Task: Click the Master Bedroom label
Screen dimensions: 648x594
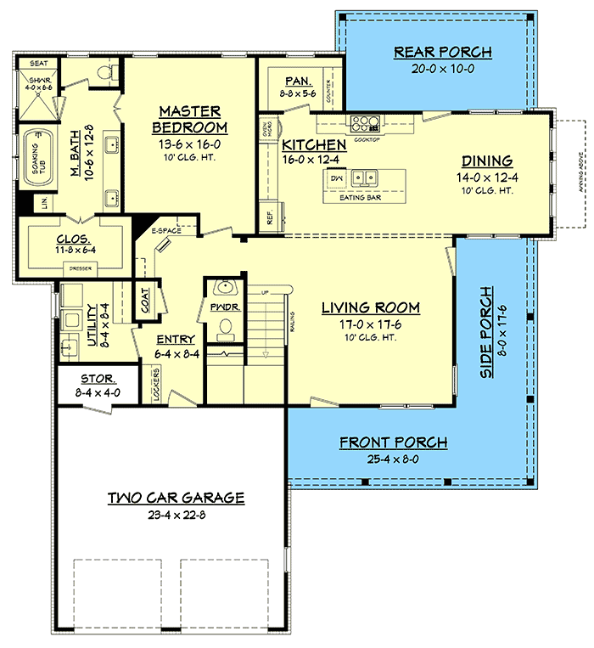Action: [x=190, y=119]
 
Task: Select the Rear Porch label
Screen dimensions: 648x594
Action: [x=442, y=53]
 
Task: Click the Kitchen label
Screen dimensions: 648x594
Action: [x=314, y=145]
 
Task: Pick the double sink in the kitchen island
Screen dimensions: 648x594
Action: [x=367, y=178]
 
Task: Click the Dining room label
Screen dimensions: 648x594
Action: [x=486, y=161]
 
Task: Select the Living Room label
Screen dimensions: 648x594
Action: [x=370, y=307]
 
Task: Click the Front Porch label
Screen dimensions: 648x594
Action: [x=393, y=442]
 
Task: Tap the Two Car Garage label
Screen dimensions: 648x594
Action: [x=176, y=498]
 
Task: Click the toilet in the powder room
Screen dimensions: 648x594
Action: [x=226, y=325]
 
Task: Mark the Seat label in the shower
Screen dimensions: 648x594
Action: [x=39, y=64]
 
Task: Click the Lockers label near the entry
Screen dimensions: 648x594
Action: [x=157, y=383]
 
